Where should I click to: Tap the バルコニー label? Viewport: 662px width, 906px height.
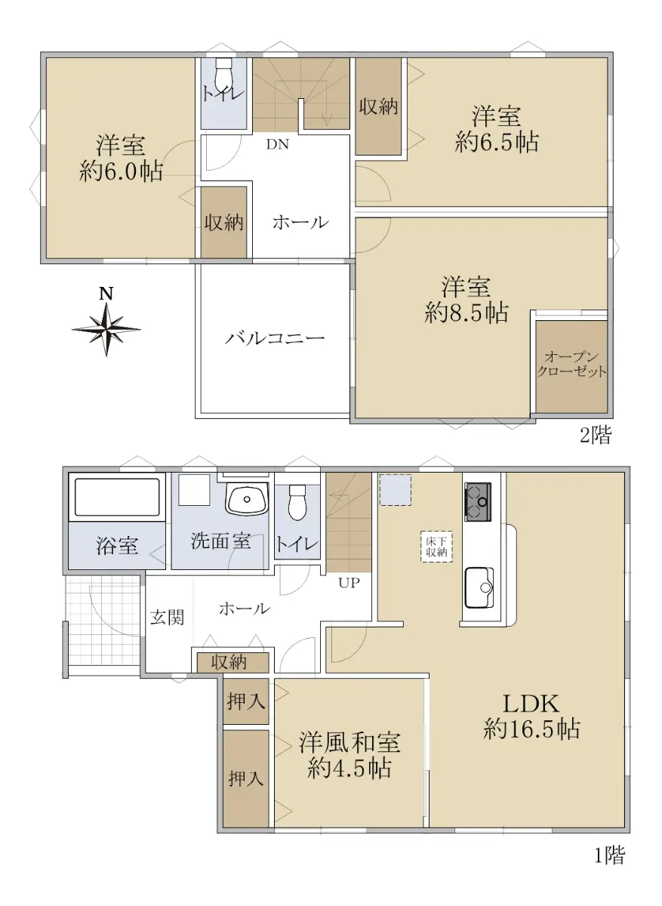point(275,338)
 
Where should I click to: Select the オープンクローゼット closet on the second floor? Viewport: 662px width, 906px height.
point(571,367)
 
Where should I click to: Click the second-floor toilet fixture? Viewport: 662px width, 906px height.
point(223,75)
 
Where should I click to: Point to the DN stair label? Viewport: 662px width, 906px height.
point(278,144)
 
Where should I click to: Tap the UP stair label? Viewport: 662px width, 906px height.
point(349,582)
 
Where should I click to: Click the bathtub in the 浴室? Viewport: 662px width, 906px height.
point(117,497)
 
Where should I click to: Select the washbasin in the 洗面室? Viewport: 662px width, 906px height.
point(248,499)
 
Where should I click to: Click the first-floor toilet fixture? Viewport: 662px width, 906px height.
point(298,503)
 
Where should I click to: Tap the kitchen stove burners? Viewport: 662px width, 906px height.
point(478,501)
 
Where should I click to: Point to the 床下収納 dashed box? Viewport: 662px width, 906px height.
point(436,547)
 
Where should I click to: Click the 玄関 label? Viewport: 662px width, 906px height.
point(167,618)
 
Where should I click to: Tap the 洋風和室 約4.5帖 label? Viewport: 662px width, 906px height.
point(349,755)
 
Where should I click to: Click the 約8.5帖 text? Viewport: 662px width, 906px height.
point(466,313)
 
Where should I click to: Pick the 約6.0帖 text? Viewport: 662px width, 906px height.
point(121,171)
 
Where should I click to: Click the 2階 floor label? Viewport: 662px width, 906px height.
point(596,435)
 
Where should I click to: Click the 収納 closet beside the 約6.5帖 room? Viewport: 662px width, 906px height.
point(378,106)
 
